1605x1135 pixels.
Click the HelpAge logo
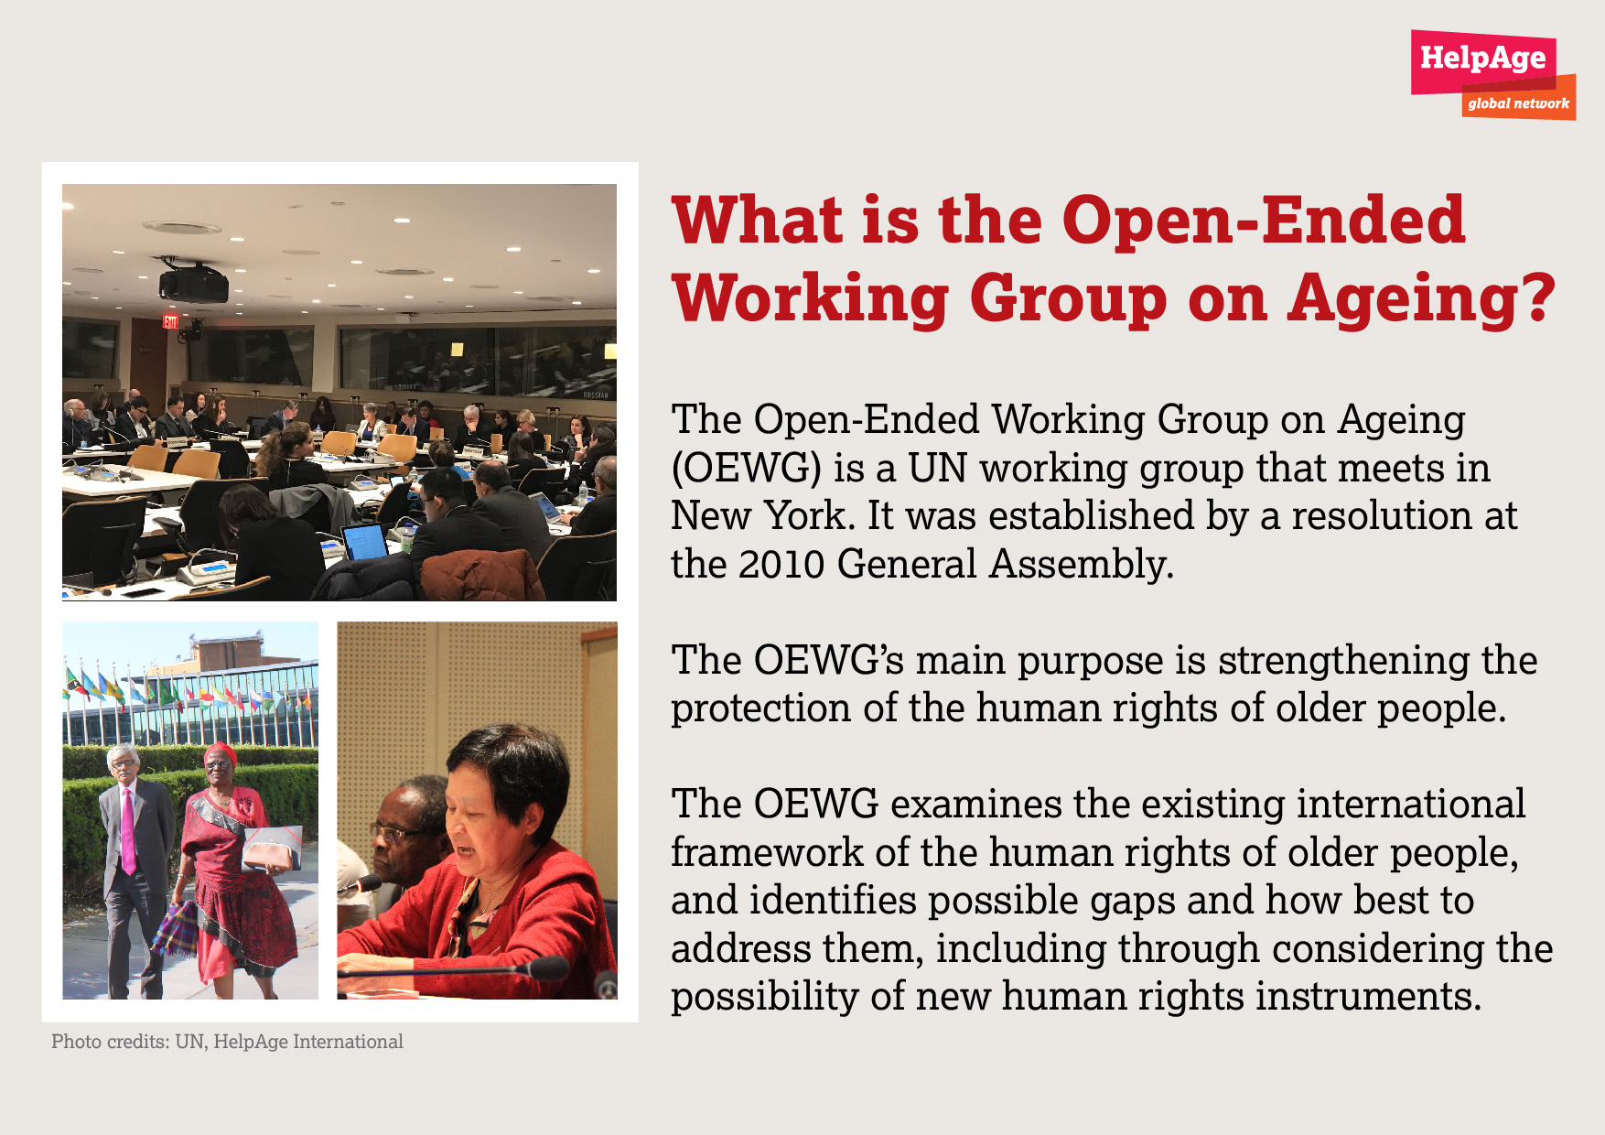1492,74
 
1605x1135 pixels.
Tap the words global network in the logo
1518,103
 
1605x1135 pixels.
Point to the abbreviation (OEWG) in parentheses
746,468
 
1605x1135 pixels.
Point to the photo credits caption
227,1042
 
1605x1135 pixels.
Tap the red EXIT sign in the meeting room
170,321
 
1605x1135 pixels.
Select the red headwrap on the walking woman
220,754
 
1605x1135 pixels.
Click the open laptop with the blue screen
364,541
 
